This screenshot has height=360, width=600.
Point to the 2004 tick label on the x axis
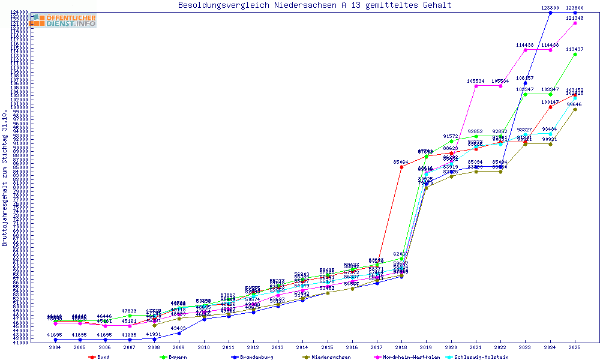point(55,347)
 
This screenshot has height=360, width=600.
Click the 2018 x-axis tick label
point(401,347)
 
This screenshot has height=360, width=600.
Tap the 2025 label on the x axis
point(575,347)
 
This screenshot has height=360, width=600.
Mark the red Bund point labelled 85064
point(401,167)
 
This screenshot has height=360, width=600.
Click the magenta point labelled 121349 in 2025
point(575,23)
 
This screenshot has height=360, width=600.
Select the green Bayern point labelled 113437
point(575,54)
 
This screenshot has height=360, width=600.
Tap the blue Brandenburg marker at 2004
point(55,340)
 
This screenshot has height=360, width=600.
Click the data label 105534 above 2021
point(475,81)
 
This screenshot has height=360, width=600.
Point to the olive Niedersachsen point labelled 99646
point(575,109)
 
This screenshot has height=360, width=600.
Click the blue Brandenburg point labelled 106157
point(526,83)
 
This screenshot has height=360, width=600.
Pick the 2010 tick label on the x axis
point(204,347)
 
